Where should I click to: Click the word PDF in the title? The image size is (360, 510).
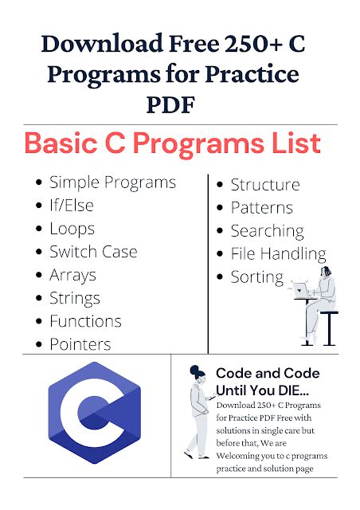[179, 104]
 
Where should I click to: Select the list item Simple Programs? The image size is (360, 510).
[112, 182]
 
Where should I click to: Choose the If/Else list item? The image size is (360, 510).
[72, 206]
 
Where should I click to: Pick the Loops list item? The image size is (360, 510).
[72, 229]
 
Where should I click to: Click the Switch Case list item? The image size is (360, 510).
[93, 252]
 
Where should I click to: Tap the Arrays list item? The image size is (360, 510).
[72, 275]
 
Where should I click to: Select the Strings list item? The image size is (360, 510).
[75, 298]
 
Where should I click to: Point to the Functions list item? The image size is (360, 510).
[85, 321]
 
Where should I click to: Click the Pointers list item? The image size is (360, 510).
[80, 344]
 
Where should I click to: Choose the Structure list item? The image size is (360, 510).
[264, 185]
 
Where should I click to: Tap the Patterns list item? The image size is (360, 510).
[261, 208]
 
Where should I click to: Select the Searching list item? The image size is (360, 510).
[267, 231]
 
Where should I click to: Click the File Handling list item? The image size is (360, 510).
[278, 254]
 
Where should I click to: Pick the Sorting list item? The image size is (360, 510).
[256, 277]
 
